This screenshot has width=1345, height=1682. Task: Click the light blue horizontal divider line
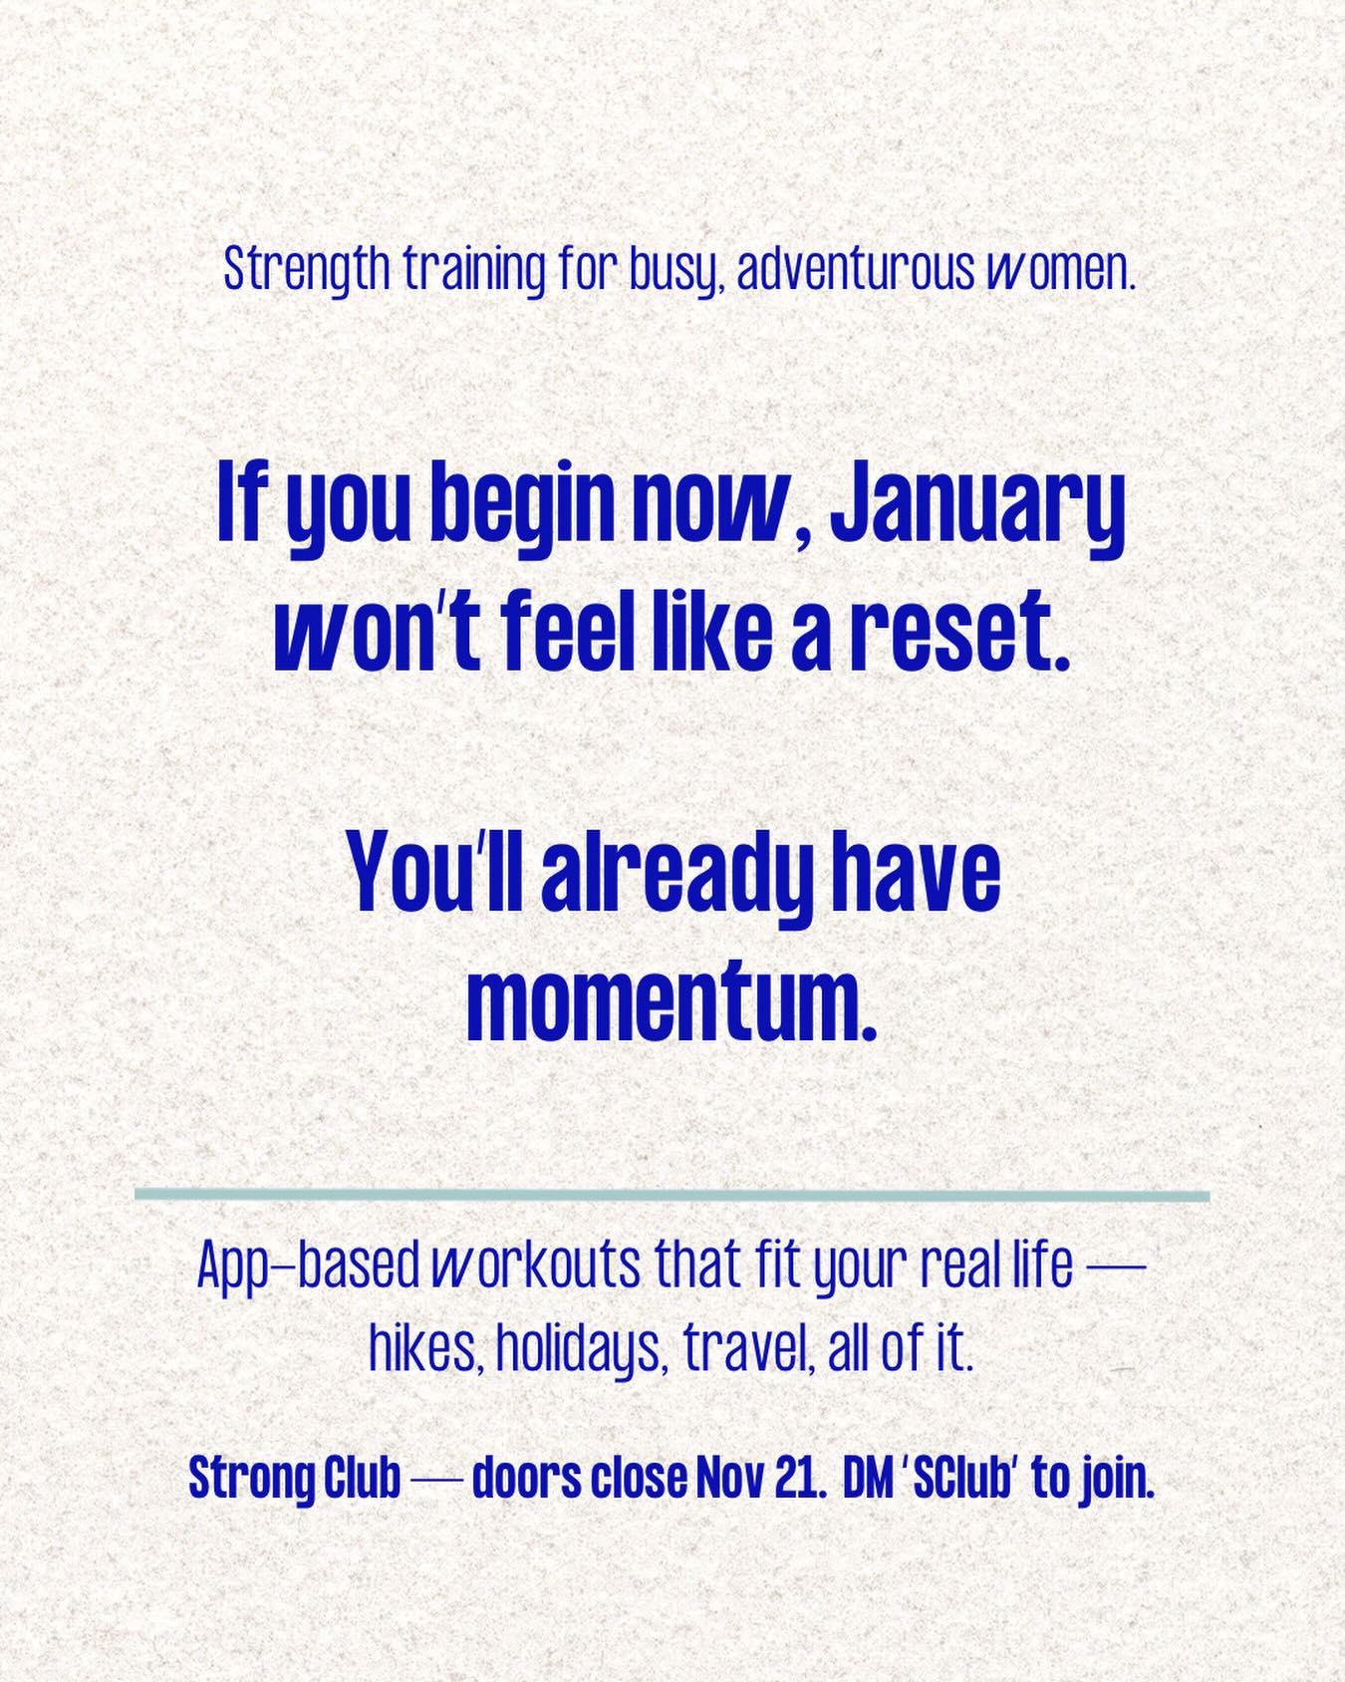pyautogui.click(x=672, y=1195)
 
